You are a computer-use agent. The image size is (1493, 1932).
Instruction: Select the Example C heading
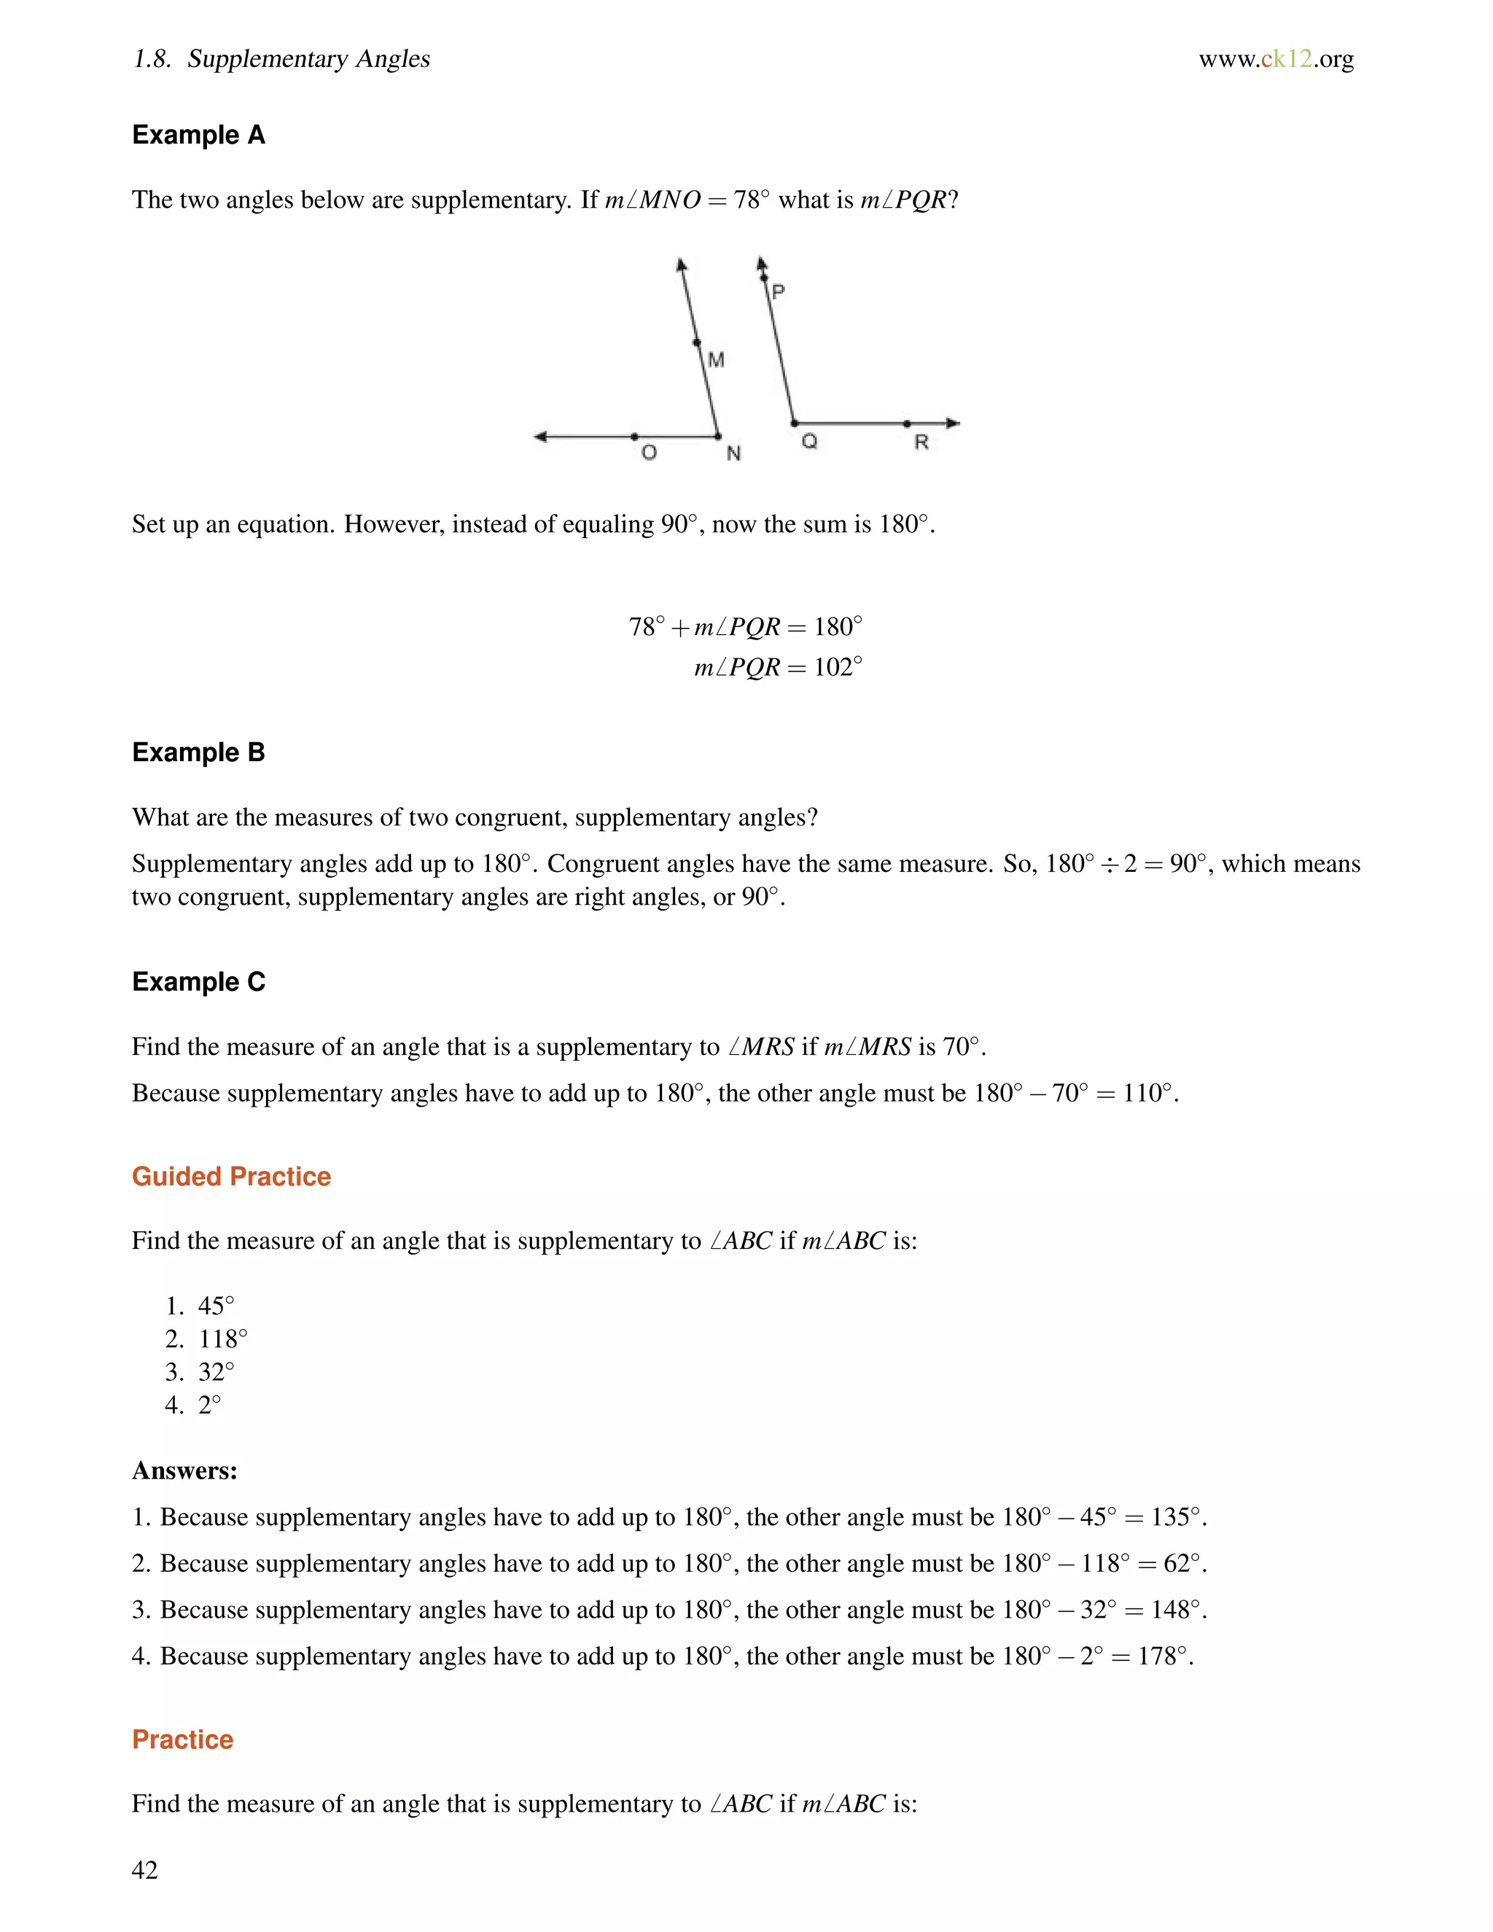point(198,981)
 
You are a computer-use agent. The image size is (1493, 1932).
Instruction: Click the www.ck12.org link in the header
point(1276,58)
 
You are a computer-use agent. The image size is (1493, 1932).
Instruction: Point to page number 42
point(144,1869)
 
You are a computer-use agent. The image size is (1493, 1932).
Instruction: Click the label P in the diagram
point(779,291)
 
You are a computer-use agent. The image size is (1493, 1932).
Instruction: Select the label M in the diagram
point(717,360)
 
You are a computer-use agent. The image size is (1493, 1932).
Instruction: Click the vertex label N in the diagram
point(733,453)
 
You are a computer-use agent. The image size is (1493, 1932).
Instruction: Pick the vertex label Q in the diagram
point(808,441)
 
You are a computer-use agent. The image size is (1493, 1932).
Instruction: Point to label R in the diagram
point(921,443)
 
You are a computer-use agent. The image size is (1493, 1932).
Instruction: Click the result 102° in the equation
point(837,667)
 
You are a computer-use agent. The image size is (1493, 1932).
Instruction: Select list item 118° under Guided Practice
point(223,1339)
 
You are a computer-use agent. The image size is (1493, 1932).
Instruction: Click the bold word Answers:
point(185,1471)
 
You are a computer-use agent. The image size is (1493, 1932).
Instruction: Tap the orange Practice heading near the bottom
point(182,1739)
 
